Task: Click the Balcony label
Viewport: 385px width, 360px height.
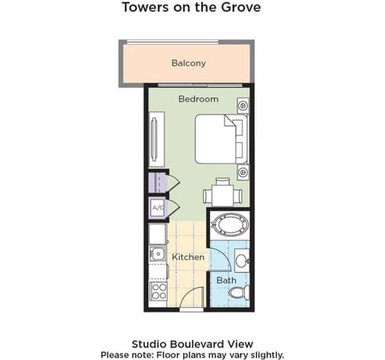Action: pos(188,63)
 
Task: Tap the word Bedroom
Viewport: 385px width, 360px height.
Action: pos(198,99)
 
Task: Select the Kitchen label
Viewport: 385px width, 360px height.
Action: pos(188,257)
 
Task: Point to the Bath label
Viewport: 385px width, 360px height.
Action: pos(226,281)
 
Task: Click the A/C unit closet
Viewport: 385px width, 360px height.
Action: pos(158,208)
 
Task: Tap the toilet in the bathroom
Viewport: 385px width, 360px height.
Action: pos(239,293)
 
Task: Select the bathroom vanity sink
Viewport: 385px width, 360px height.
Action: pos(242,260)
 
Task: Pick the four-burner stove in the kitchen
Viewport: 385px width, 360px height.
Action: pos(158,291)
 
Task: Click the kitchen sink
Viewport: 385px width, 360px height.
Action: pos(158,253)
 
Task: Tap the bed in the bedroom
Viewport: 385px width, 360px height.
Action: pos(221,139)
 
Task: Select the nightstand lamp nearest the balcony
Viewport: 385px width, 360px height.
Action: pos(243,105)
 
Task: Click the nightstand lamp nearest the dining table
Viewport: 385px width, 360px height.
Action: pos(243,172)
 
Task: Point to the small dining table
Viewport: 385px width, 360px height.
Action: pos(223,195)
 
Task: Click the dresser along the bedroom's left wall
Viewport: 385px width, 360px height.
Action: pos(156,140)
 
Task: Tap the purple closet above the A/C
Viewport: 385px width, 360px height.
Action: pos(158,183)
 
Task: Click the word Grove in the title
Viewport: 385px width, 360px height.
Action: pos(241,7)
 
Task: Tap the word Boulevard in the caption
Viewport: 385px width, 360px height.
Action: pos(198,344)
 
